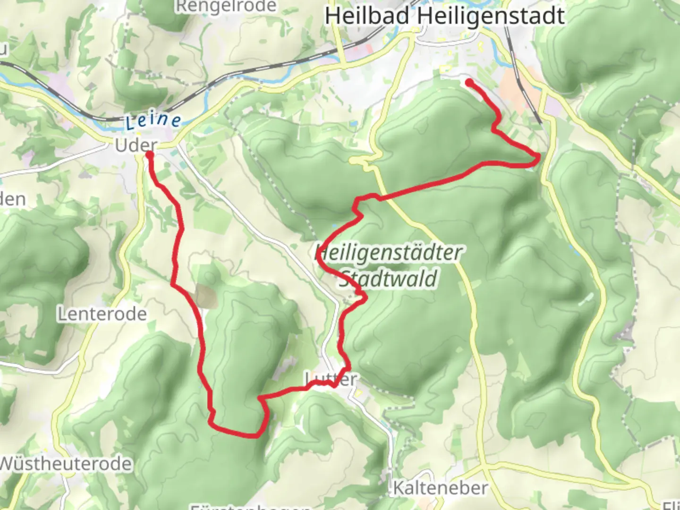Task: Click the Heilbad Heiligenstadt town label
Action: point(444,16)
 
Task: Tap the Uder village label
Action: point(136,145)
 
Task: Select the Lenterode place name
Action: point(102,314)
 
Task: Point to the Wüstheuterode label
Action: point(65,464)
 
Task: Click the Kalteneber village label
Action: point(440,488)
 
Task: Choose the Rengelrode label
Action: point(226,6)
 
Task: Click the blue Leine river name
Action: point(153,120)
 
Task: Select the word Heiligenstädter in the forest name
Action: point(388,253)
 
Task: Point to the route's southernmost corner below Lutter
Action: point(257,435)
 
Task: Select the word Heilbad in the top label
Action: point(367,16)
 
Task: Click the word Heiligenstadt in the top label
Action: point(491,16)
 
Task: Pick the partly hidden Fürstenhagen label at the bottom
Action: point(250,507)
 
